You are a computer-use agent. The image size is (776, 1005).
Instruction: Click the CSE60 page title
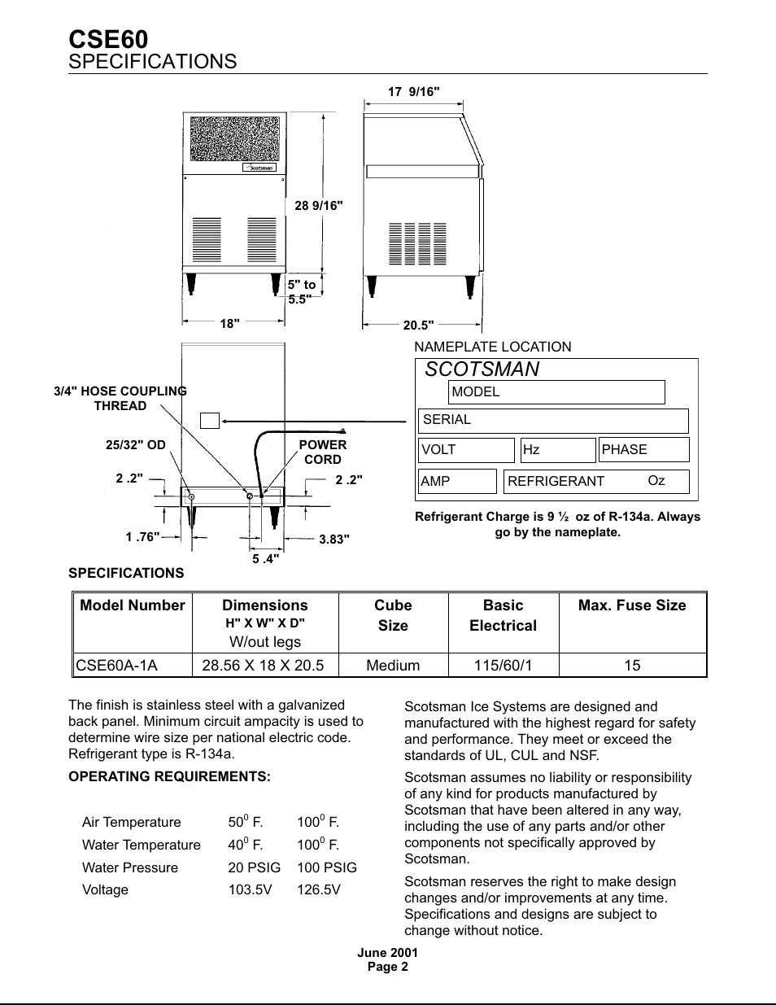pos(108,39)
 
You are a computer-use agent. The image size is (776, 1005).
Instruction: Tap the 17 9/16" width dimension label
pos(413,92)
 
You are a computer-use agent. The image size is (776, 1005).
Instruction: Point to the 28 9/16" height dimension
pos(318,206)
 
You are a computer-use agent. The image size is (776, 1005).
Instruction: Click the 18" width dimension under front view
pos(229,323)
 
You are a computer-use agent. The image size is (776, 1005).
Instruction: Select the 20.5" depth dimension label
pos(418,325)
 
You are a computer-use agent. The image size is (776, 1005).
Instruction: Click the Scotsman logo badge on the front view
pos(259,168)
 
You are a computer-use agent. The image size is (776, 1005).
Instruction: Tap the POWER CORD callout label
pos(322,452)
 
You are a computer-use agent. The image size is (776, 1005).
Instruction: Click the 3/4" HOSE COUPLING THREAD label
pos(120,398)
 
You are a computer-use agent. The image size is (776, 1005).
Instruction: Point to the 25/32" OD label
pos(135,445)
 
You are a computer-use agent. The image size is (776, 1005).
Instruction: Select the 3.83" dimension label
pos(334,539)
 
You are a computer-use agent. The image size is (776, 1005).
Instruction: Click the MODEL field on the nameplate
pos(556,392)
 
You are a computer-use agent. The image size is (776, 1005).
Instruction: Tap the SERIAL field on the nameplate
pos(553,421)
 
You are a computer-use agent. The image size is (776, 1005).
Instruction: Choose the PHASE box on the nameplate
pos(643,450)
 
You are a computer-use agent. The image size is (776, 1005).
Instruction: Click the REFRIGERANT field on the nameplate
pos(596,481)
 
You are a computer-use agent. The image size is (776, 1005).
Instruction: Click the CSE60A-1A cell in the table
pos(116,666)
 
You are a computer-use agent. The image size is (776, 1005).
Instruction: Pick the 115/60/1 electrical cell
pos(503,666)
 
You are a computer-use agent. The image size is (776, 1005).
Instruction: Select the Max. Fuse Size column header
pos(632,605)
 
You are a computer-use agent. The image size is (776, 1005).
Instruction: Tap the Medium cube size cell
pos(393,666)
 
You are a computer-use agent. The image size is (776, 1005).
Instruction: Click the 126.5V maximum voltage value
pos(319,889)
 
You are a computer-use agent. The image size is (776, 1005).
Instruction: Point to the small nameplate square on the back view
pos(210,421)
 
